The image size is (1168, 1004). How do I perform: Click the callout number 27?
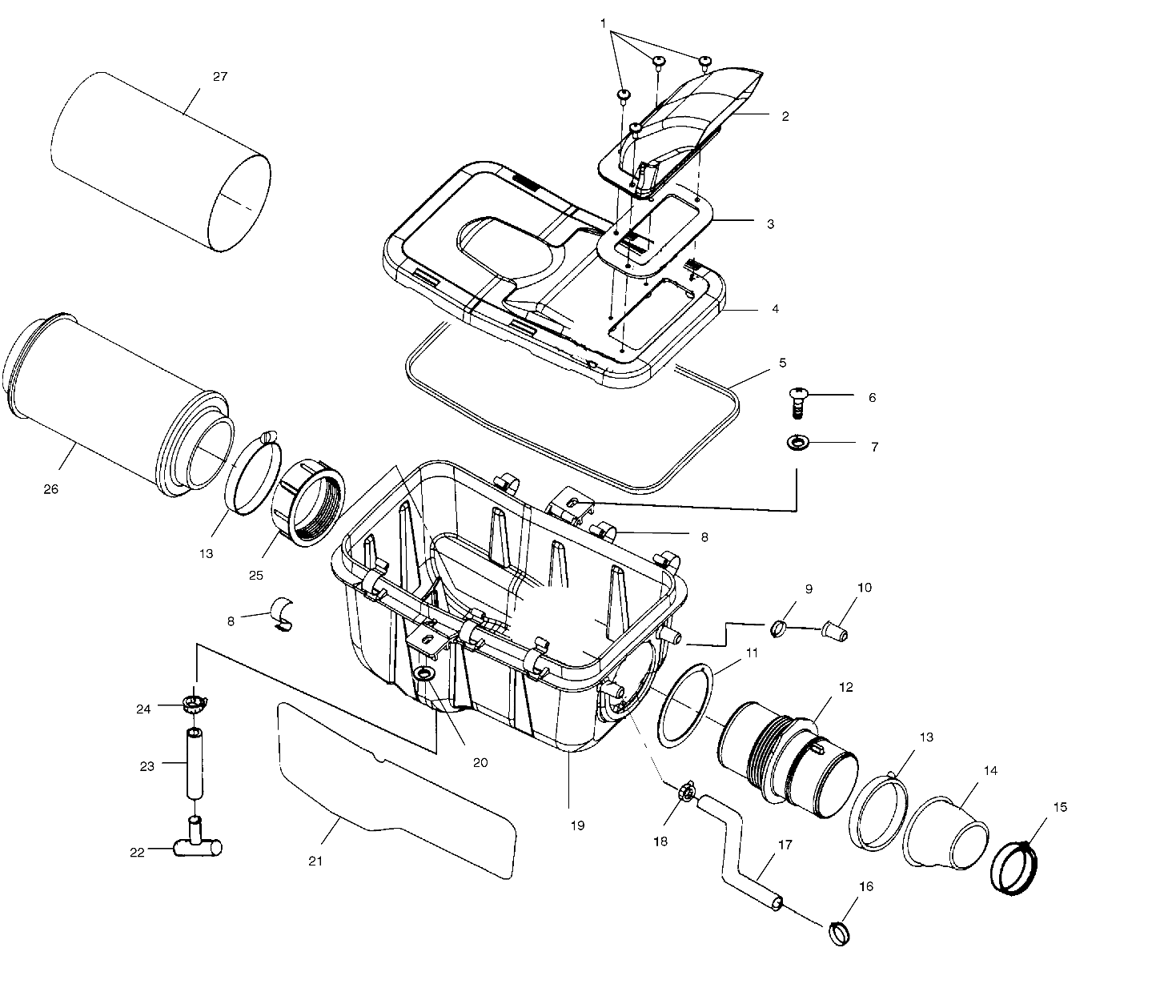[x=220, y=77]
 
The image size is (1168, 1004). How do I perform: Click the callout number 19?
[x=577, y=825]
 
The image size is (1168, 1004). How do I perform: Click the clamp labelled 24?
[x=193, y=705]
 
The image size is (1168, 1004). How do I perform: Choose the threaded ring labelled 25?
[x=309, y=504]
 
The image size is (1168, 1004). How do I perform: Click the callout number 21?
[x=315, y=861]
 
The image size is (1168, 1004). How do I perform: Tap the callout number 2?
[x=785, y=116]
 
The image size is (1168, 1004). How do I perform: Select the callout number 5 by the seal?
[x=782, y=363]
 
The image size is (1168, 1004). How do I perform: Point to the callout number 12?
[x=846, y=687]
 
